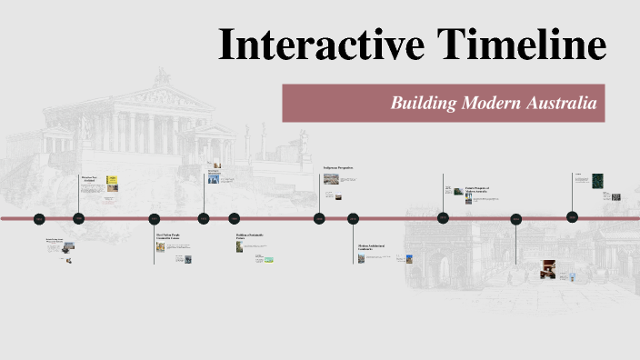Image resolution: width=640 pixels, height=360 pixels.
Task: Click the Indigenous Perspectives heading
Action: pos(338,168)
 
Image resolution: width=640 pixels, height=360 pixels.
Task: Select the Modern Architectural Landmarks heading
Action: pos(373,247)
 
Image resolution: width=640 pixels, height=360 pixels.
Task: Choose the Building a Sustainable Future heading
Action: pos(250,236)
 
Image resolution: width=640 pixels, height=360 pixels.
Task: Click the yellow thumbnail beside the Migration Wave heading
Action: pos(113,181)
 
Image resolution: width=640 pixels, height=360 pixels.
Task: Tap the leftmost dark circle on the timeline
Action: pos(39,219)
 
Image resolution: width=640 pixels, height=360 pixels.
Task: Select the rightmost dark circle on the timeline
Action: pos(573,217)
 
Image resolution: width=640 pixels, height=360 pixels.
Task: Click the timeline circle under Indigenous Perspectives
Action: pos(320,218)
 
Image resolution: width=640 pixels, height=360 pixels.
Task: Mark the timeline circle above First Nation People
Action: pos(155,219)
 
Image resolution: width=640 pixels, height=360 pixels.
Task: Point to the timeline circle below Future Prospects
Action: pos(444,218)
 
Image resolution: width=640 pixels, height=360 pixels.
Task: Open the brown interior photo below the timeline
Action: pos(548,267)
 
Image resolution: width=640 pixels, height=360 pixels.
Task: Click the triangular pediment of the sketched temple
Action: pos(164,97)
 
